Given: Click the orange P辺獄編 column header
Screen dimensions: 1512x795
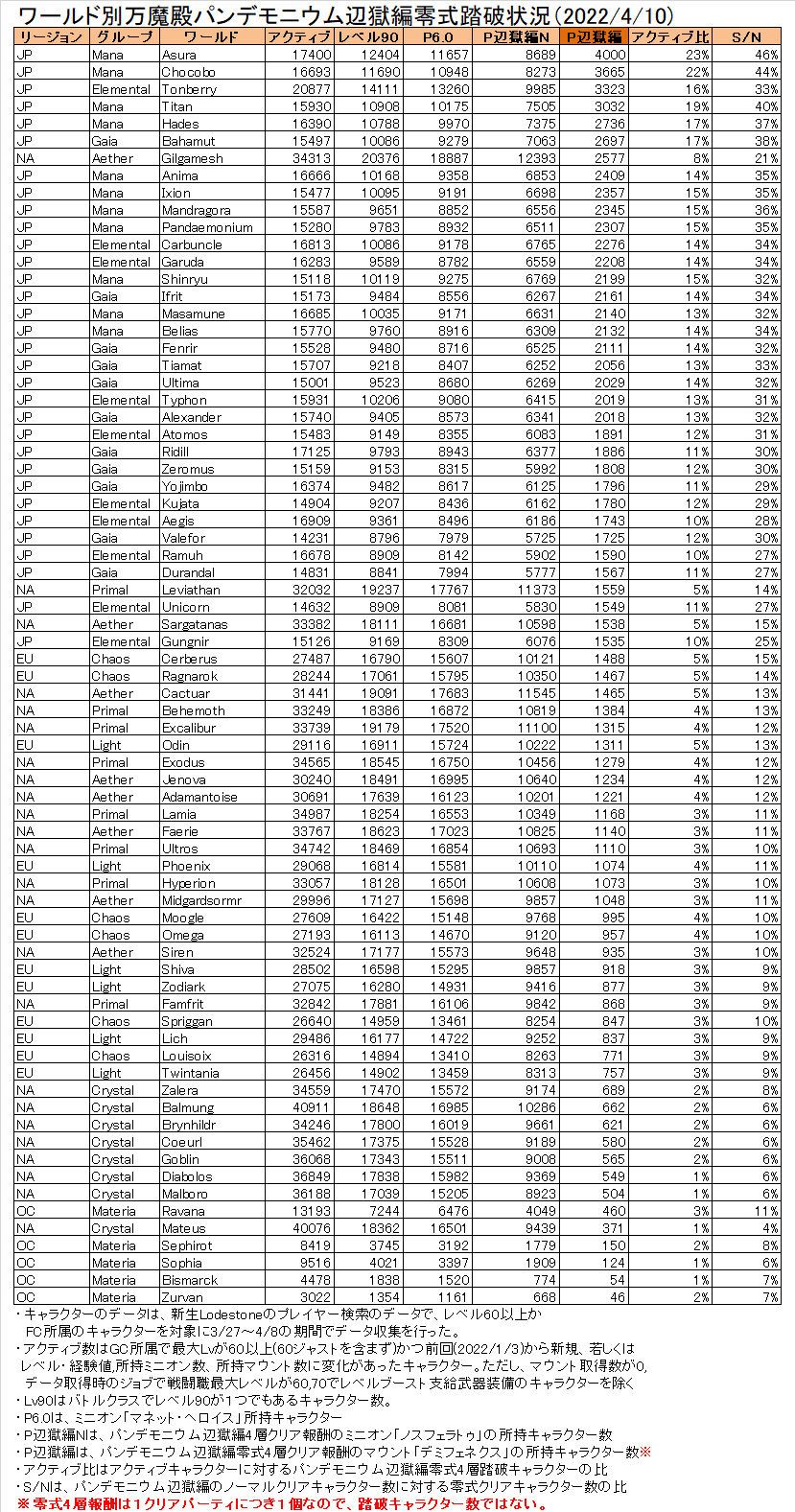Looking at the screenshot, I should pyautogui.click(x=593, y=37).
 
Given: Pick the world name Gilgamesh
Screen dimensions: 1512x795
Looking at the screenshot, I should pyautogui.click(x=192, y=158).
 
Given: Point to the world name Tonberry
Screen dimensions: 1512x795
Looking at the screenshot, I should pyautogui.click(x=189, y=89).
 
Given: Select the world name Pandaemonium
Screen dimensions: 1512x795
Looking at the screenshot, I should pyautogui.click(x=207, y=227).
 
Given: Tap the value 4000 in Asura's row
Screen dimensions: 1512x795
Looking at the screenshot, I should pyautogui.click(x=609, y=55).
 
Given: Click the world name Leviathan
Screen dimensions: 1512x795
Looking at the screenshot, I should pyautogui.click(x=191, y=590).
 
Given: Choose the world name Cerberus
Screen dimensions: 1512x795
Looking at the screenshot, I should pyautogui.click(x=189, y=659).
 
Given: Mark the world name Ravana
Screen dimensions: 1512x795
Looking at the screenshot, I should pyautogui.click(x=183, y=1211).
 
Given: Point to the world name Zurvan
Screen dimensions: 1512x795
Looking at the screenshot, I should pyautogui.click(x=182, y=1297).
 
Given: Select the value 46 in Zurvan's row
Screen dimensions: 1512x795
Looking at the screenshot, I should pyautogui.click(x=617, y=1297).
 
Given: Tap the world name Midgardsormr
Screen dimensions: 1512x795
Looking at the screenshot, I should pyautogui.click(x=201, y=900).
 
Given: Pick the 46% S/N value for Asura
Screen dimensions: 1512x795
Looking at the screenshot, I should pyautogui.click(x=766, y=55).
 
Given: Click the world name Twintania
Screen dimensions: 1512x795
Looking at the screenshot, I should pyautogui.click(x=190, y=1073).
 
